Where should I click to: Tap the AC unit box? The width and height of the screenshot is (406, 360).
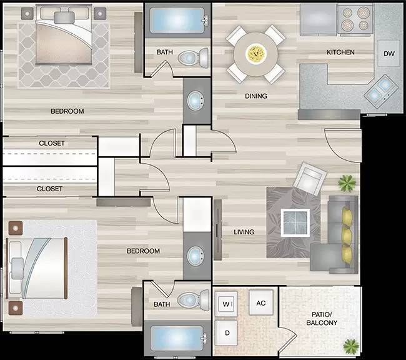[x=261, y=303]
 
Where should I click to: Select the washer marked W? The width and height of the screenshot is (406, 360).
[x=227, y=304]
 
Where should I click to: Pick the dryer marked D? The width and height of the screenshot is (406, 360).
[x=227, y=332]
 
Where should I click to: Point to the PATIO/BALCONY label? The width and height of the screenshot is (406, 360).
[x=322, y=319]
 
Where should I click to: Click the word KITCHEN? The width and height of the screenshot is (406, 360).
[x=341, y=52]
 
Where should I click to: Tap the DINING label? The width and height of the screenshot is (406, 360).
[x=256, y=96]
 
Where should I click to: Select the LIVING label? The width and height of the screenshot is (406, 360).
[x=244, y=232]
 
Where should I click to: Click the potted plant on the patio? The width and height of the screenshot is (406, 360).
[x=351, y=344]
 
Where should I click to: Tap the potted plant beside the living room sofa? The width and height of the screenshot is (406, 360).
[x=346, y=183]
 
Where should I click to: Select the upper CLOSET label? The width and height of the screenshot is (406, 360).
[x=51, y=143]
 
